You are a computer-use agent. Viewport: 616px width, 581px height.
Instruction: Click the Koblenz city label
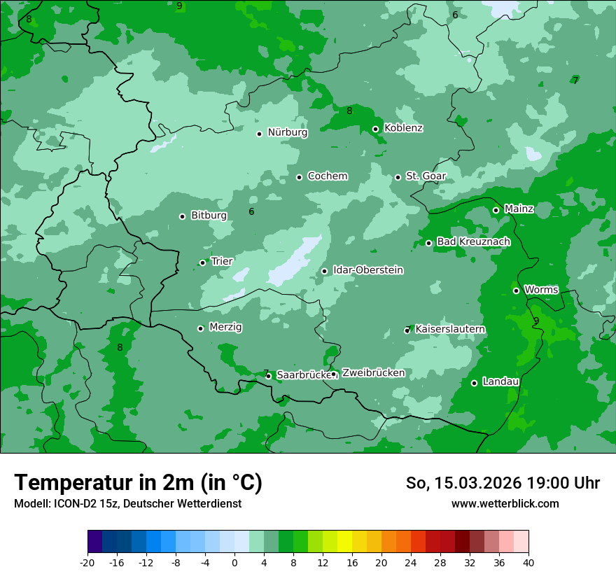click(403, 128)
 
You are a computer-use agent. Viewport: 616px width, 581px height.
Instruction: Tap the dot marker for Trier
click(203, 263)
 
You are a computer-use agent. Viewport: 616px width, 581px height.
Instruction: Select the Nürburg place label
click(287, 132)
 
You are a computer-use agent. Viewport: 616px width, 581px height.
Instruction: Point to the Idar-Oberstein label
click(367, 270)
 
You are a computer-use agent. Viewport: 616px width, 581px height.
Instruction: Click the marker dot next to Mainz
click(496, 210)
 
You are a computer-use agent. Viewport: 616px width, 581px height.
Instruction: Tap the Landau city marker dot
click(474, 383)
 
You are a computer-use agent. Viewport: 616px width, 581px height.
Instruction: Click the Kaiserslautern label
click(450, 329)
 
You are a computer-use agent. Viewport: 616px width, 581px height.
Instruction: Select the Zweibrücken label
click(373, 373)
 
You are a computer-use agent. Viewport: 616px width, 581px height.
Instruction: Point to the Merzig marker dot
click(200, 328)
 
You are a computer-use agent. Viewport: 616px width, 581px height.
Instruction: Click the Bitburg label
click(209, 216)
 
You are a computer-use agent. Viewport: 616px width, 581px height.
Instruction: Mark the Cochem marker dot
click(299, 177)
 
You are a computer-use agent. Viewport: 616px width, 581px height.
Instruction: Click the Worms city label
click(541, 290)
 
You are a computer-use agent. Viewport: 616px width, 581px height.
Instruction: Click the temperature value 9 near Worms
click(536, 321)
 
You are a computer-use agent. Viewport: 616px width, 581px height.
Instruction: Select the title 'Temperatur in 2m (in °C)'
click(138, 482)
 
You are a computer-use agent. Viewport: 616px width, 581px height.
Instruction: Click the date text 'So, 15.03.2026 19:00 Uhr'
click(503, 483)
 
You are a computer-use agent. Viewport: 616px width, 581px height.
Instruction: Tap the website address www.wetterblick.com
click(505, 504)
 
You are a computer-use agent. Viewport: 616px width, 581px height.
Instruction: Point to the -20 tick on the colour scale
click(87, 562)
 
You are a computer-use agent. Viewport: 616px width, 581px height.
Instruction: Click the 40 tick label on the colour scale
click(528, 562)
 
